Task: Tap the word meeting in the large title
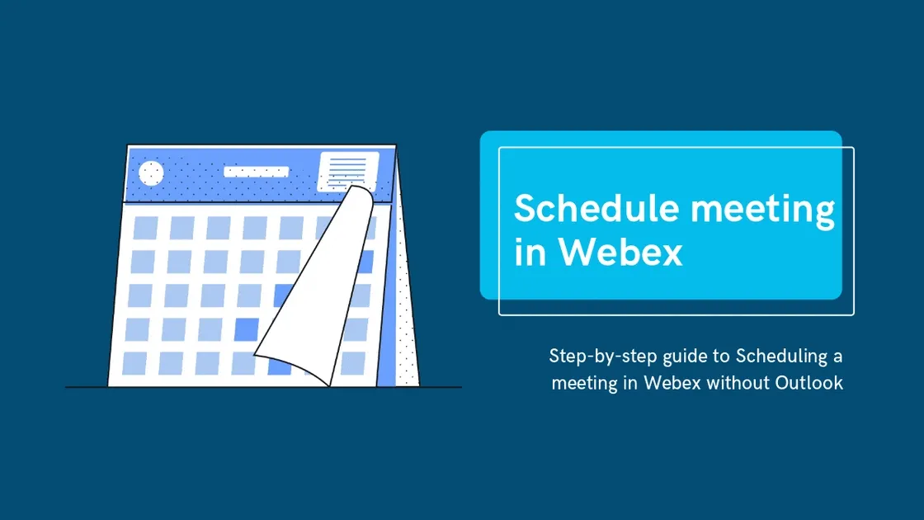763,210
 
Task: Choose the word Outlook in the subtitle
808,383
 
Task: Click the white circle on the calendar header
151,173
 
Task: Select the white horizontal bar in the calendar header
257,172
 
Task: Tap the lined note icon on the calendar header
348,172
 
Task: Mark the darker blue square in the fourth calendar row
247,329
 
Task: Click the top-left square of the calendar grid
146,228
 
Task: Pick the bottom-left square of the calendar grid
134,363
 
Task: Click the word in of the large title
528,253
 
